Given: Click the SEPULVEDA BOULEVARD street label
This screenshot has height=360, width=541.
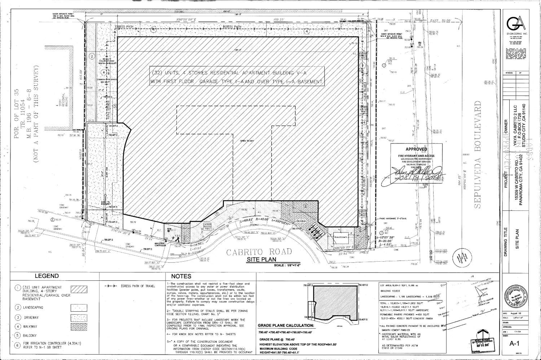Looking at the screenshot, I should tap(478, 155).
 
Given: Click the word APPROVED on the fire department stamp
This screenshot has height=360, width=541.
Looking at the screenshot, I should tap(416, 149).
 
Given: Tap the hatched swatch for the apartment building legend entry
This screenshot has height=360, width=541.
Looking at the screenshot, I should tap(78, 289).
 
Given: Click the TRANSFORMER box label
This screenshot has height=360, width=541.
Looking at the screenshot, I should tap(340, 238).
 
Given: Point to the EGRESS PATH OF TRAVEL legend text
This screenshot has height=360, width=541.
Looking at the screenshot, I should tap(138, 286).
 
